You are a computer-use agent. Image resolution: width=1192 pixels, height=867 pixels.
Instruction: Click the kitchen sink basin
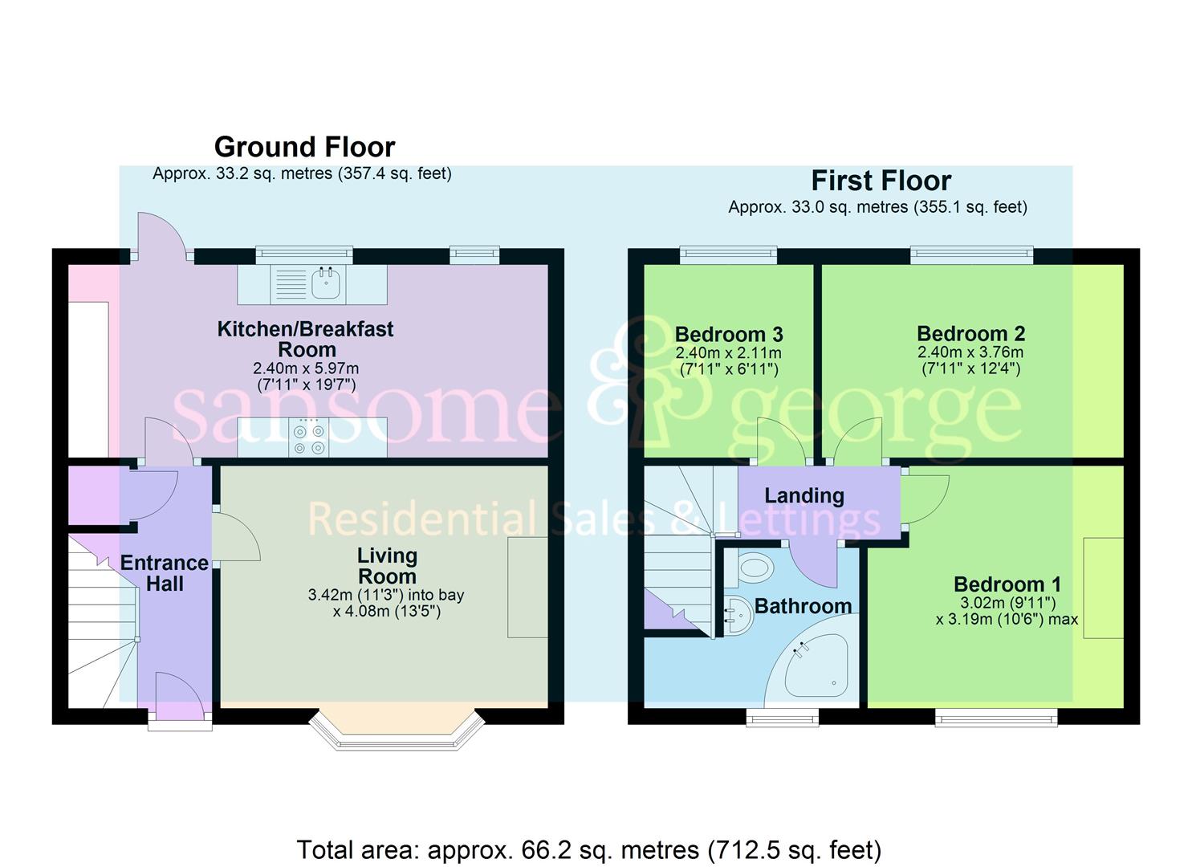click(x=326, y=283)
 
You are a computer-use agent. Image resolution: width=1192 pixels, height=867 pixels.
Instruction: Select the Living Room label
click(x=387, y=566)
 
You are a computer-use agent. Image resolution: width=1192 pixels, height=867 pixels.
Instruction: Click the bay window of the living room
click(x=397, y=730)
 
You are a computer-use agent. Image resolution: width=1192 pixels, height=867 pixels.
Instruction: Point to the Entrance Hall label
click(x=165, y=573)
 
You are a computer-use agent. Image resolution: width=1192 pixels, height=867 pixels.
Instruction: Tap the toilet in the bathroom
click(x=755, y=569)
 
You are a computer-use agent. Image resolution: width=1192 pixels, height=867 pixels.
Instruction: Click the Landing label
click(x=803, y=496)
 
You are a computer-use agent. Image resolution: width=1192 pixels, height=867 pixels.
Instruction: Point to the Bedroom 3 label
click(x=729, y=334)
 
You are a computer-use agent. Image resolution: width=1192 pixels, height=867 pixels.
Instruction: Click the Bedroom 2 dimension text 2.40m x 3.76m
click(x=970, y=352)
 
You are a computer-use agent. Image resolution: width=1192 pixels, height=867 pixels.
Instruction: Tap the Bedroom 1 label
click(x=1007, y=584)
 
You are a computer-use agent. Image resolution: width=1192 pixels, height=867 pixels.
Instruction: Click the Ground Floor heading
click(x=304, y=148)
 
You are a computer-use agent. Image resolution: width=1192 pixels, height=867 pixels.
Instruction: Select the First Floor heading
click(x=881, y=181)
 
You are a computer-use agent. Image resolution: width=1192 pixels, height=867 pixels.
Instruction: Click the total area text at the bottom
click(x=589, y=849)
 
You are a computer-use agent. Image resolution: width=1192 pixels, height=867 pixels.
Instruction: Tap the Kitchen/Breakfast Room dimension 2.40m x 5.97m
click(x=306, y=368)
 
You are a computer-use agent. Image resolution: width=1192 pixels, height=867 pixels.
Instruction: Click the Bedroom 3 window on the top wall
click(x=728, y=254)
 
